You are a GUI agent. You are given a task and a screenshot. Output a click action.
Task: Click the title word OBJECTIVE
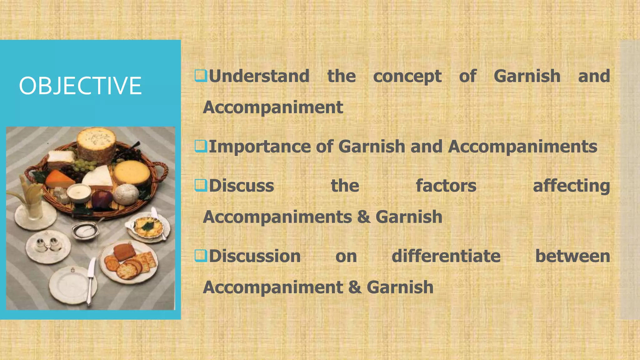point(80,86)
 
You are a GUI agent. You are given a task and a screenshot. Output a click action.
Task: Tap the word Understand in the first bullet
point(259,76)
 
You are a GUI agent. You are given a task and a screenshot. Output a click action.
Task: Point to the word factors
point(446,186)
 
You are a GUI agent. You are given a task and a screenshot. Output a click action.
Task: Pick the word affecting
point(571,186)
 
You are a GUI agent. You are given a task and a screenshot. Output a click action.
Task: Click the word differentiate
point(446,256)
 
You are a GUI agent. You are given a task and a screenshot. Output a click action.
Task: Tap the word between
point(572,256)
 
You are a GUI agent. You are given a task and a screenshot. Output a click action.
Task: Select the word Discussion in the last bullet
point(255,256)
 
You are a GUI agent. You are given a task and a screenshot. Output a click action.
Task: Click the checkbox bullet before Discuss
point(201,185)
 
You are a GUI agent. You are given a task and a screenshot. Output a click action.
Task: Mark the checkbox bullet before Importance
point(201,146)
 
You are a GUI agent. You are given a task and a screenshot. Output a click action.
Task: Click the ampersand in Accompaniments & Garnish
point(363,217)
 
